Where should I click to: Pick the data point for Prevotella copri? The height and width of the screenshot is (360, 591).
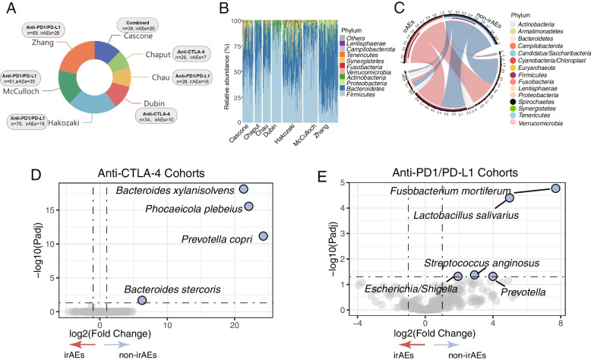point(263,236)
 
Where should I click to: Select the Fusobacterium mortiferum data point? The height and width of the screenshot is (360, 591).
point(556,188)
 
